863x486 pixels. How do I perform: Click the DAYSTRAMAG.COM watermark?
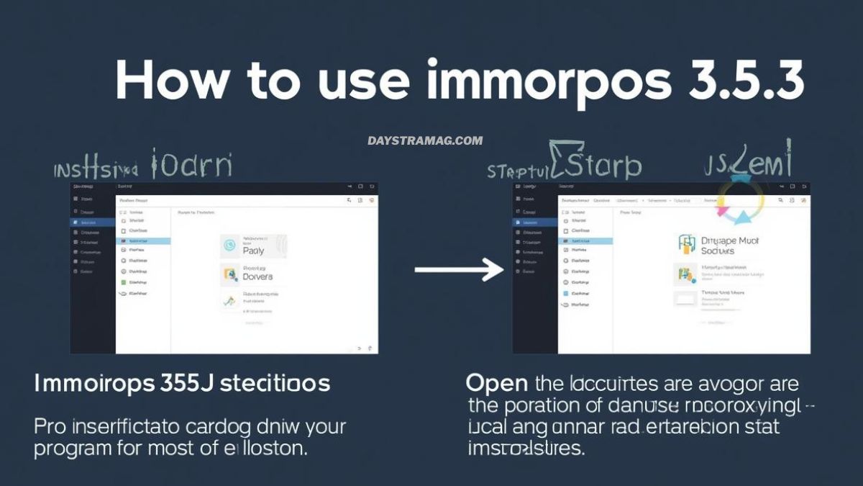425,140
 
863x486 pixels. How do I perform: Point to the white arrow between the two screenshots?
460,270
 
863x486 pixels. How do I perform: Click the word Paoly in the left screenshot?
253,251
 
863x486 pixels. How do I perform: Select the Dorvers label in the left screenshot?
257,276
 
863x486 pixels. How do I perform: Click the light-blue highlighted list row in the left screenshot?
143,241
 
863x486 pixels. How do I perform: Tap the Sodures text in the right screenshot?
718,251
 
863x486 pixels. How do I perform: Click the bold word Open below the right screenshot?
496,383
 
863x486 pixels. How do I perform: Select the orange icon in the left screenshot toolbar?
371,201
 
